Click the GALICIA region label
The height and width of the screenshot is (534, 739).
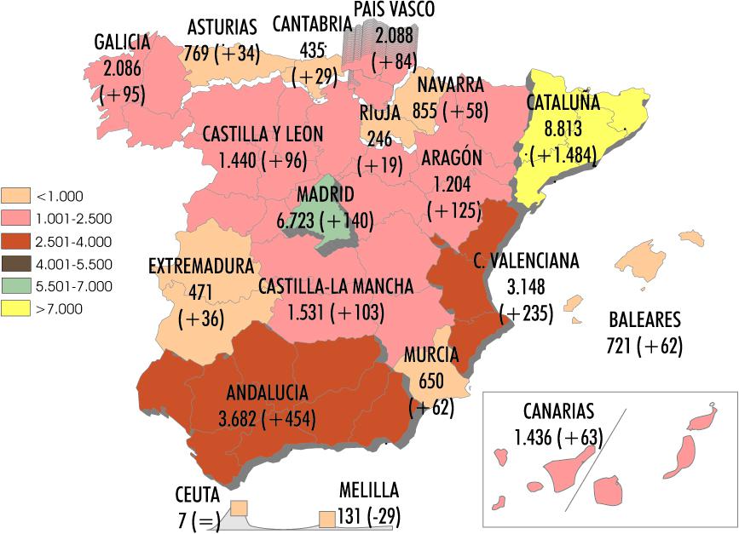click(x=122, y=43)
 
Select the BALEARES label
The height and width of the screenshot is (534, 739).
click(x=645, y=321)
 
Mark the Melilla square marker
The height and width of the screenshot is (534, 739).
click(x=326, y=518)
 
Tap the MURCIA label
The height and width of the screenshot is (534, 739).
click(x=431, y=354)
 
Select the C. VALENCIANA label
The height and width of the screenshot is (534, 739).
click(x=526, y=261)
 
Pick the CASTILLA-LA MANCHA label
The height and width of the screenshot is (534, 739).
click(x=336, y=286)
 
